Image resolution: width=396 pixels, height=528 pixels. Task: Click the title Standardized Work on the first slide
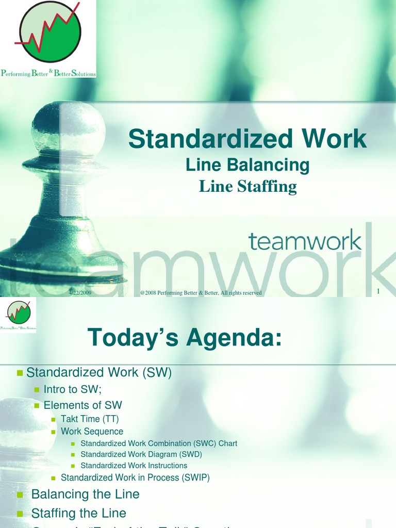[x=247, y=139]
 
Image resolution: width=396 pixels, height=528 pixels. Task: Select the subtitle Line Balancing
[x=247, y=165]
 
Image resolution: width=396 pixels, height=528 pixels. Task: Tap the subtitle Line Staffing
[x=247, y=186]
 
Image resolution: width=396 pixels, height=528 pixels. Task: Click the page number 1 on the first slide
[x=378, y=292]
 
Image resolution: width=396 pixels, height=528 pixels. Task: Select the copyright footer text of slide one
[x=201, y=293]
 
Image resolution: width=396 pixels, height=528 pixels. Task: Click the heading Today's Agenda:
[x=185, y=338]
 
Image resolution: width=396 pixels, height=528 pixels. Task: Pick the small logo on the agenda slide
[x=18, y=313]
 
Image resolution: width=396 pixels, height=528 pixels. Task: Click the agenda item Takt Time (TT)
[x=90, y=419]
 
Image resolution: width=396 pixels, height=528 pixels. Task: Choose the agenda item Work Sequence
[x=92, y=431]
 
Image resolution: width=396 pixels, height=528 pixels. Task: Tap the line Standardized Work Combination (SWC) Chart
[x=159, y=443]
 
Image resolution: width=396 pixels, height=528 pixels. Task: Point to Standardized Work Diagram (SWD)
[x=141, y=454]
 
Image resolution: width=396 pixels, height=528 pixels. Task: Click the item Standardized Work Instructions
[x=134, y=466]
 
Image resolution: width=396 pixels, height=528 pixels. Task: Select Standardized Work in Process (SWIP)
[x=135, y=477]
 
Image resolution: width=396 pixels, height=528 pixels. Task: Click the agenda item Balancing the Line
[x=85, y=494]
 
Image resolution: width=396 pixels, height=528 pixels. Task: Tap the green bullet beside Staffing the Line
[x=20, y=514]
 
